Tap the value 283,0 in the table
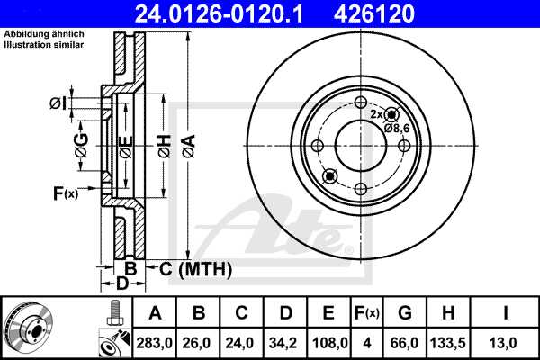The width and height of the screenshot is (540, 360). [x=155, y=342]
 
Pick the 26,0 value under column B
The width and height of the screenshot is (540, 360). [x=198, y=342]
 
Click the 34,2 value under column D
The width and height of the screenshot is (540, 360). [x=285, y=342]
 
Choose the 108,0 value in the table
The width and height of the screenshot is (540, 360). [x=329, y=342]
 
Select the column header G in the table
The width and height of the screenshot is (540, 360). [x=404, y=313]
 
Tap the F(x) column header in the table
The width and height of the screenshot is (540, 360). [x=366, y=313]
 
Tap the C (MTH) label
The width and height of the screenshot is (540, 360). [x=194, y=268]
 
